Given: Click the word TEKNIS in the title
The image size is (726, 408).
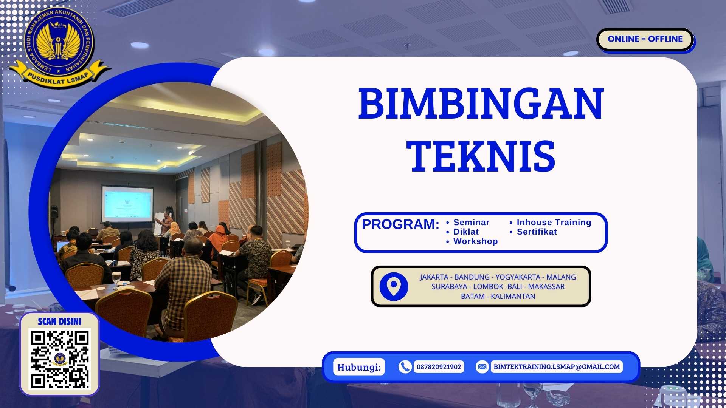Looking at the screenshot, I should tap(481, 156).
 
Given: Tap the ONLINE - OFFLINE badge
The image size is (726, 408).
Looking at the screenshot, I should tap(645, 39).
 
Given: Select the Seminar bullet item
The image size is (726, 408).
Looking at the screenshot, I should tap(471, 223).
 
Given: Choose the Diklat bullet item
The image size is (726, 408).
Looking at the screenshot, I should tap(466, 232).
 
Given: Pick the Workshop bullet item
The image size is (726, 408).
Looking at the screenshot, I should tap(475, 241).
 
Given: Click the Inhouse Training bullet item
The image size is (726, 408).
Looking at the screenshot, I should tap(554, 223).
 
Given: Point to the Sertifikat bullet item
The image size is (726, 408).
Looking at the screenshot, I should tap(537, 232).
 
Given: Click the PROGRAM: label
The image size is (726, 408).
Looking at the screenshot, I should tap(400, 224).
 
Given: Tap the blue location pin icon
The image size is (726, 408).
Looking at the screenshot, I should tap(394, 286).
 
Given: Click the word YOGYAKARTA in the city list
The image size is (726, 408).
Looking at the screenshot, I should tap(518, 277).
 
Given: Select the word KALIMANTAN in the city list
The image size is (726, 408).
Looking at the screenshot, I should tap(513, 297).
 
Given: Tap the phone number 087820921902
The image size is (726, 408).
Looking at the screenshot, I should tap(439, 367).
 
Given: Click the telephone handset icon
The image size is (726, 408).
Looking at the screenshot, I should tap(405, 367).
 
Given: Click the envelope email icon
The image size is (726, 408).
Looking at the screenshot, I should tap(482, 367).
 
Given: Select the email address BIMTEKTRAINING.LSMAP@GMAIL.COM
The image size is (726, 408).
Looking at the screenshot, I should tap(557, 367).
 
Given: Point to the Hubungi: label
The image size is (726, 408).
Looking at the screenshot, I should tap(359, 367).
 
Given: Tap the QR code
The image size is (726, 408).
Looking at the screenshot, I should tap(60, 359).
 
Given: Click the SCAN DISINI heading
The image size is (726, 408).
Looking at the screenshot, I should tap(59, 321).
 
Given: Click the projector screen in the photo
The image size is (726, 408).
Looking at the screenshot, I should tap(127, 204).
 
